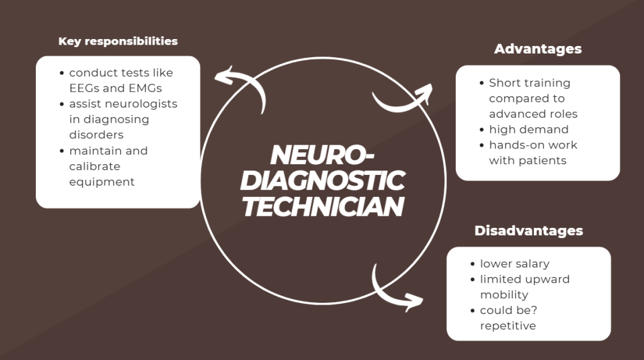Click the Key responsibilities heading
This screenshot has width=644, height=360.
coord(118,42)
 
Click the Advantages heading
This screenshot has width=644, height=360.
coord(538,49)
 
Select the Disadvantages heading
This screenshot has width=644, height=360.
coord(528,231)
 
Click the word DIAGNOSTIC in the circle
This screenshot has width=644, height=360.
coord(322,181)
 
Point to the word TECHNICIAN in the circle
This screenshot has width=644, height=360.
coord(322,206)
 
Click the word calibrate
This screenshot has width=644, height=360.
coord(94,166)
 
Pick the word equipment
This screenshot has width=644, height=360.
coord(102,182)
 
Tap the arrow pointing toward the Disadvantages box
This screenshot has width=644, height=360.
coord(397,291)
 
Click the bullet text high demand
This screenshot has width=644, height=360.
coord(528,130)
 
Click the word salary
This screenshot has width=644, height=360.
coord(532,264)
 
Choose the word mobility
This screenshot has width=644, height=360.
coord(504,295)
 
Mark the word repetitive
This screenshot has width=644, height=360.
coord(507,325)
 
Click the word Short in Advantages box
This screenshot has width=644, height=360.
coord(506,83)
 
